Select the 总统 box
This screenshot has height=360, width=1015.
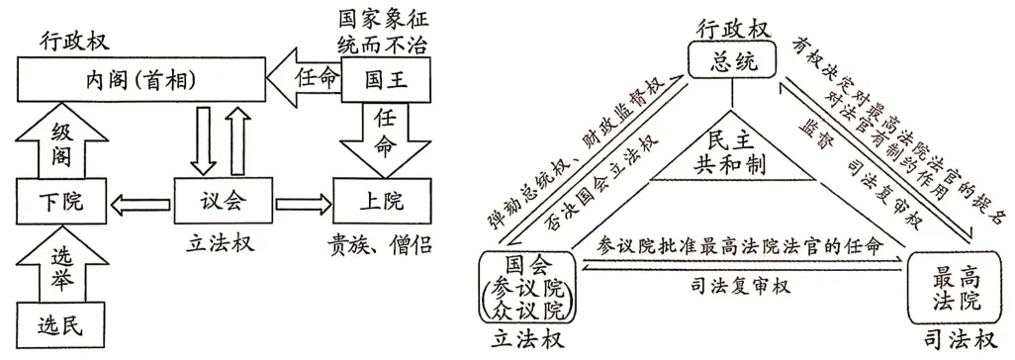pyautogui.click(x=733, y=63)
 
